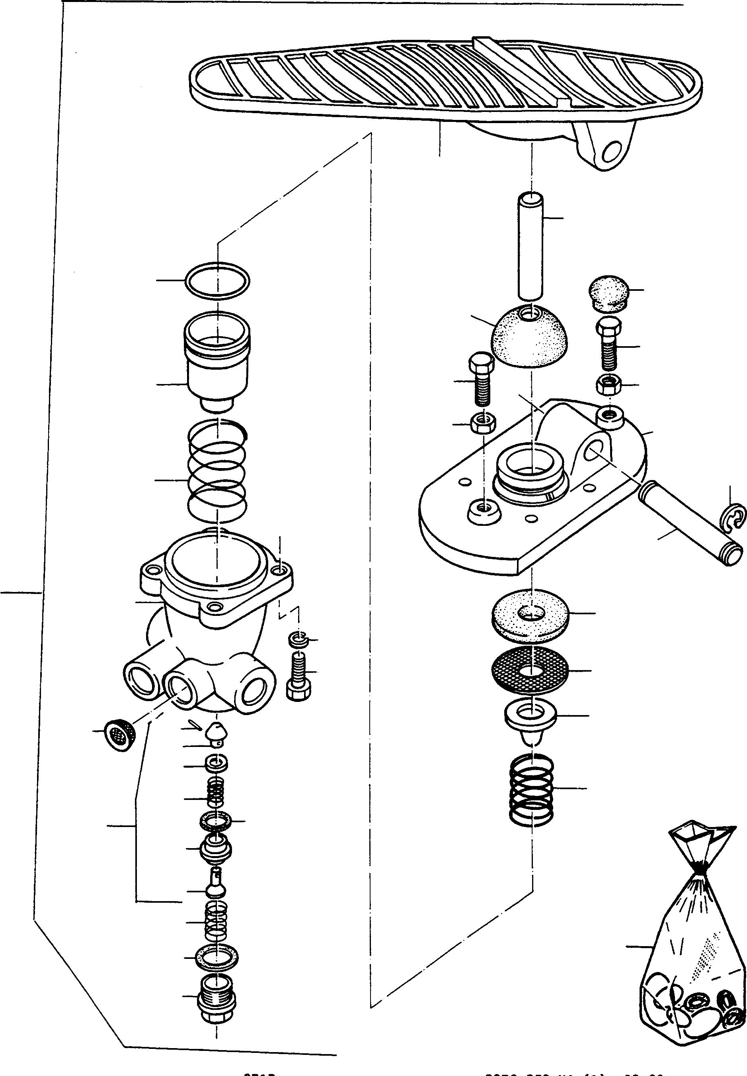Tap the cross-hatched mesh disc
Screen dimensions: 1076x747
(530, 670)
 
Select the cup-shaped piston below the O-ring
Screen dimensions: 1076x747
(218, 361)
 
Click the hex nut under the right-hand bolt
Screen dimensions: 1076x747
(609, 386)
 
